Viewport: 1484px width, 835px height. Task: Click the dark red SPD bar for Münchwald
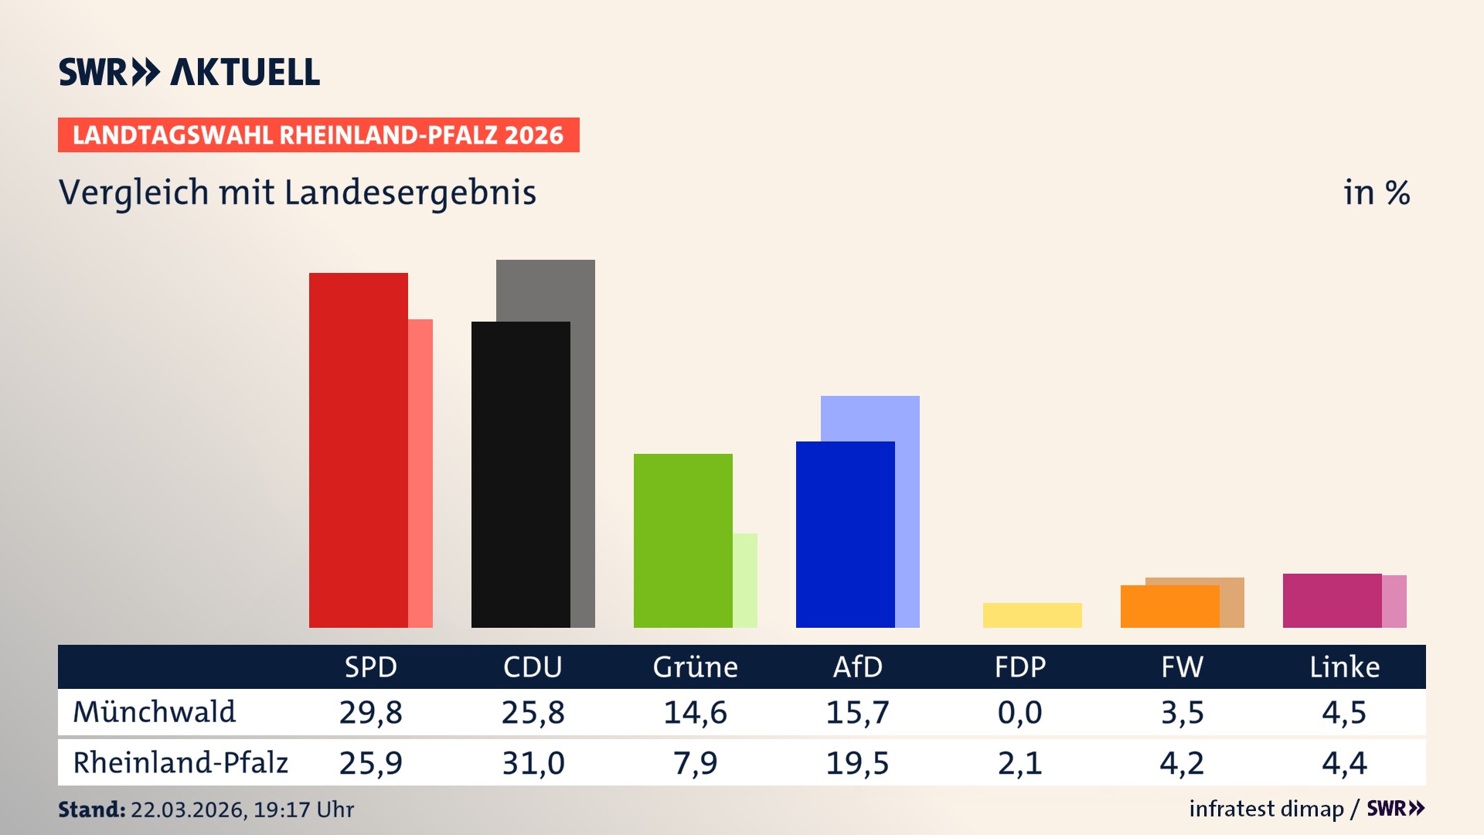[358, 450]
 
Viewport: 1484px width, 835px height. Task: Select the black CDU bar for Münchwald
[520, 474]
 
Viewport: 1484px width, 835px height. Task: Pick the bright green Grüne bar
[682, 540]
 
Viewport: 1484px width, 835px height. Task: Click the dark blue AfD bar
[845, 534]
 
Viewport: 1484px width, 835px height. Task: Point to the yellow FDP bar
[1032, 615]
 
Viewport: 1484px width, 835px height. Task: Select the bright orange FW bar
[1169, 607]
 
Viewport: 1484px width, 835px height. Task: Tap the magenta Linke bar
[1332, 601]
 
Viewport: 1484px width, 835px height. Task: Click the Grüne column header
[695, 667]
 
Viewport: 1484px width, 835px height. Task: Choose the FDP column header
[1019, 667]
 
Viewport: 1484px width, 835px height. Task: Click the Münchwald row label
[154, 712]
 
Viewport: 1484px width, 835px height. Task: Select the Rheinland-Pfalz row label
[180, 763]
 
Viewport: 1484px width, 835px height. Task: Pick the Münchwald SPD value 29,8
[370, 712]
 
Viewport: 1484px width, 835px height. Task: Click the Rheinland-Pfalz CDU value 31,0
[533, 763]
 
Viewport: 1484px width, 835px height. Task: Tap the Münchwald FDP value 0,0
[1019, 712]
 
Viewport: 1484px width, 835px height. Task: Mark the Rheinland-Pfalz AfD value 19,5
[857, 763]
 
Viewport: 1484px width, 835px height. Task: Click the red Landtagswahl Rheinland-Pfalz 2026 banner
[318, 135]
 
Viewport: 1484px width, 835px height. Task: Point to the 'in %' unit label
[1376, 193]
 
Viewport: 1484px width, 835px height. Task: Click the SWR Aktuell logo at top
[189, 72]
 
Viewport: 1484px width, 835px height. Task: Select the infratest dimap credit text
[1266, 809]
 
